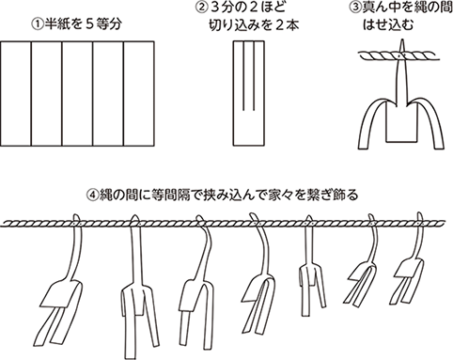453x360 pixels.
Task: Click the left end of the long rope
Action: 8,223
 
